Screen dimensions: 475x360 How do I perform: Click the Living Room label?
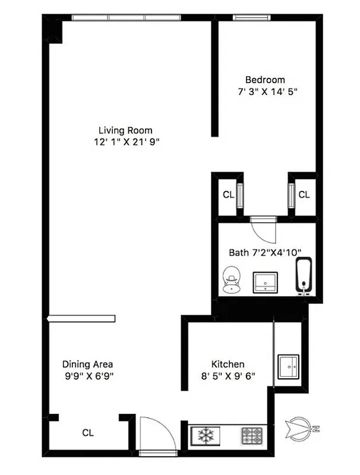(x=125, y=130)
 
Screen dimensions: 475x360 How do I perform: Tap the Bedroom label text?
(x=265, y=80)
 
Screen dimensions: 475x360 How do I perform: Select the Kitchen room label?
(x=228, y=363)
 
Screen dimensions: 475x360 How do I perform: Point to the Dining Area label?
(x=88, y=364)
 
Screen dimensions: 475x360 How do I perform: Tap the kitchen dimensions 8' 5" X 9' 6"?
(x=228, y=375)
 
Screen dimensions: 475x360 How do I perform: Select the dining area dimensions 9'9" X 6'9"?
(x=88, y=375)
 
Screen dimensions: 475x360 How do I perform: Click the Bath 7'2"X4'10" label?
(x=265, y=252)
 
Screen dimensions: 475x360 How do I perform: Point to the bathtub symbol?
(x=304, y=277)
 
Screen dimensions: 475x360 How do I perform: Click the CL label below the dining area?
(x=87, y=433)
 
